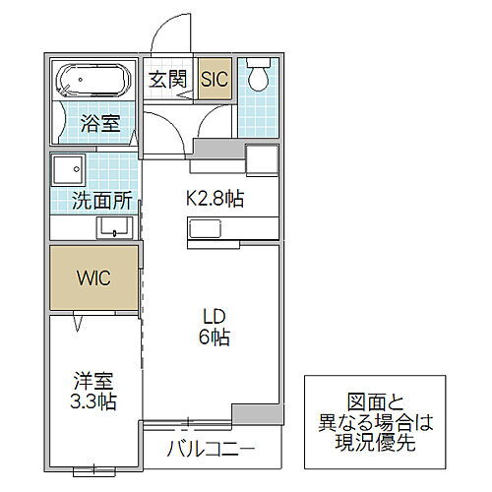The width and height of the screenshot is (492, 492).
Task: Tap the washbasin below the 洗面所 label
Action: [x=115, y=227]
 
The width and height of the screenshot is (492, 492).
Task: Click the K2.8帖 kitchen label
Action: [x=215, y=199]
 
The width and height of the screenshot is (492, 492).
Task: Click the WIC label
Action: [x=94, y=277]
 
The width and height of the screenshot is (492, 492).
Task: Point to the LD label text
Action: [x=215, y=316]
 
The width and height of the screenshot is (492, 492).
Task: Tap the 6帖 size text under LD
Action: [x=215, y=338]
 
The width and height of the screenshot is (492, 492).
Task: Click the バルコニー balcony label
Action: [x=210, y=452]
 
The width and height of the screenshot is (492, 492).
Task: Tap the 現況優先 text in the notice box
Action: [x=382, y=443]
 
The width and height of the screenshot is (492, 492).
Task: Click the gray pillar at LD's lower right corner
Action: [x=255, y=413]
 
